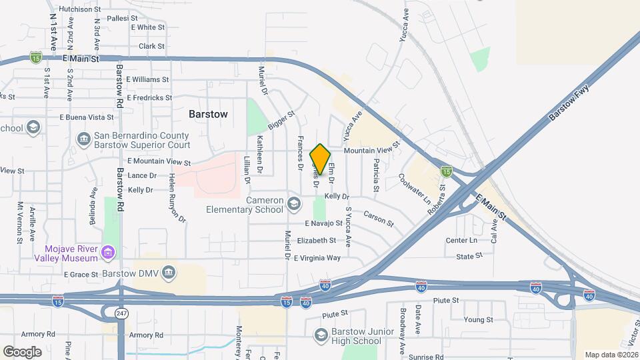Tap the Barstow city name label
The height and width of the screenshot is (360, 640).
click(x=208, y=114)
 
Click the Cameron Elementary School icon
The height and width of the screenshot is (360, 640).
click(x=293, y=202)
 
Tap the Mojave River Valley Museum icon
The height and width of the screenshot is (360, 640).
click(x=108, y=253)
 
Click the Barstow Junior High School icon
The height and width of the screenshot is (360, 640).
click(x=321, y=334)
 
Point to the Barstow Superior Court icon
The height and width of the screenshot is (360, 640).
click(x=84, y=139)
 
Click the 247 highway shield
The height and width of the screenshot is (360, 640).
click(x=121, y=312)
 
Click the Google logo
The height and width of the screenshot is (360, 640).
click(x=22, y=351)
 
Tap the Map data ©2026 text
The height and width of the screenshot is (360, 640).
click(x=611, y=355)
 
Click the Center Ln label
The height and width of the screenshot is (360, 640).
click(x=461, y=240)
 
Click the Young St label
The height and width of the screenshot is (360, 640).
click(x=478, y=319)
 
